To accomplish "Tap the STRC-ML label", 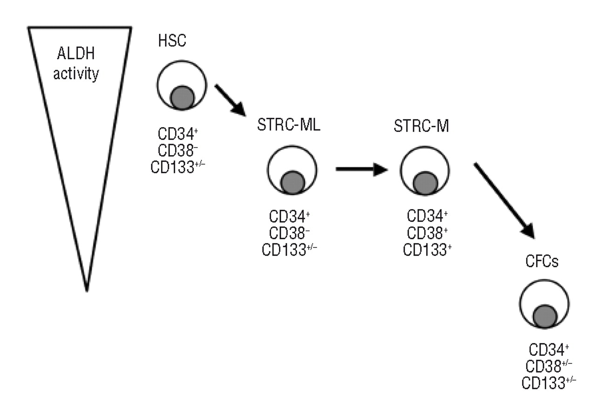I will click(289, 126).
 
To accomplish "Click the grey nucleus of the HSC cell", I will click(182, 98).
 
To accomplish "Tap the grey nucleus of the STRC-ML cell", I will click(293, 182).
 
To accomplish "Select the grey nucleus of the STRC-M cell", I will click(425, 182).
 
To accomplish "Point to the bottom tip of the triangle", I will click(87, 290).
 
